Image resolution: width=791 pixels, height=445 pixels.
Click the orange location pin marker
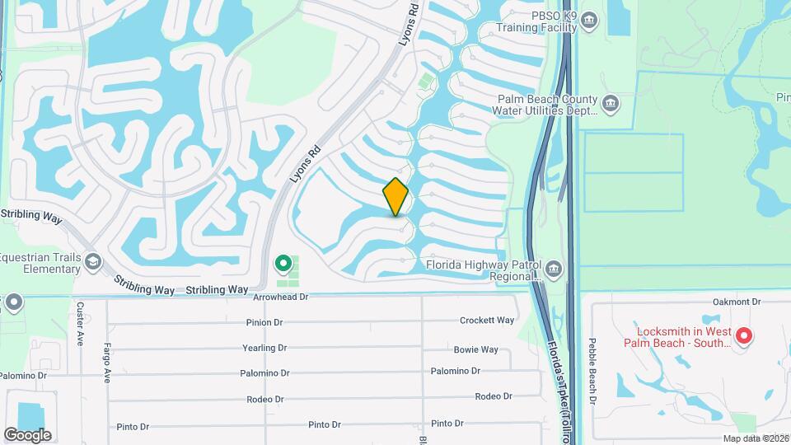coord(396,197)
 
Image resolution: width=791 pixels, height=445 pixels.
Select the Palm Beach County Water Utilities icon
coord(611,103)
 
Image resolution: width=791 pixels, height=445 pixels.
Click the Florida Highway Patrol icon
coord(553,269)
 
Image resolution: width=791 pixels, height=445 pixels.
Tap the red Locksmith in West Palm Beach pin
coord(743,335)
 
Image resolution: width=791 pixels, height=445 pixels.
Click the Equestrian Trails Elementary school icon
coord(92,262)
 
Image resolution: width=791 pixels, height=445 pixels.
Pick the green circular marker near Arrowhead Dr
coord(283,264)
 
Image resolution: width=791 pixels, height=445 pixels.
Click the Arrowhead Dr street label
coord(280,297)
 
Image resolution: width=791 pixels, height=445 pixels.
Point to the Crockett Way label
coord(487,321)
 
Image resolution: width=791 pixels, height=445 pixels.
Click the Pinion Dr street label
coord(264,322)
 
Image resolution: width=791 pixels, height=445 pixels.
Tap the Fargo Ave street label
coord(107,363)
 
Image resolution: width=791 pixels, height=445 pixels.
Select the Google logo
coord(27,434)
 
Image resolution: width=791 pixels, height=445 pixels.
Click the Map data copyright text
coord(755,438)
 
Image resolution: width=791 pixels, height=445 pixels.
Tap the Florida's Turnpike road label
coord(560,387)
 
